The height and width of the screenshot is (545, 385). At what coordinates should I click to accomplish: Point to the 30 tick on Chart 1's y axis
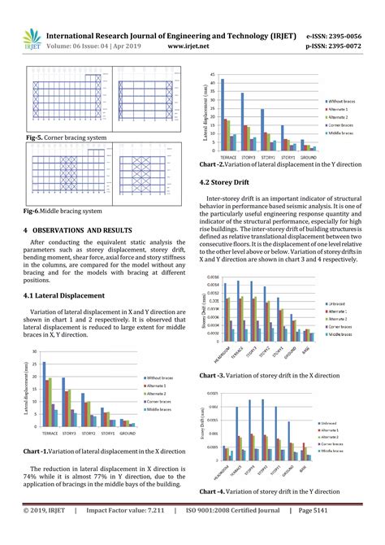(x=34, y=352)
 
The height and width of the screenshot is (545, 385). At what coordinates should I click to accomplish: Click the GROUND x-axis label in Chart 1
(x=128, y=434)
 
